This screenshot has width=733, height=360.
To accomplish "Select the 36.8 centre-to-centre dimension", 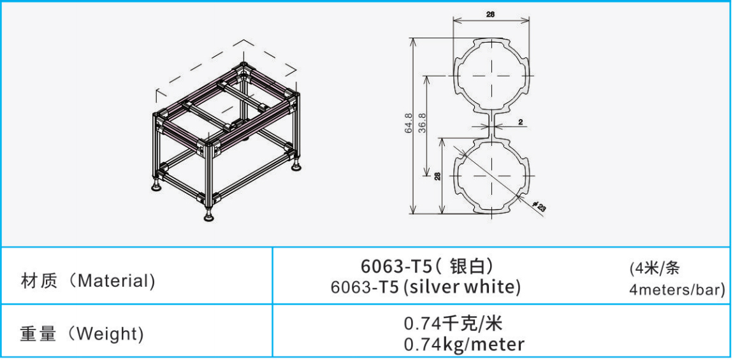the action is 423,123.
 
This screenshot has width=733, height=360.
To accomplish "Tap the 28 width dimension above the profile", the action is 490,14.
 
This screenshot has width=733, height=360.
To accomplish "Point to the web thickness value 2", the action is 520,122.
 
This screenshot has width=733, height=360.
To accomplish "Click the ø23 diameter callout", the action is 539,206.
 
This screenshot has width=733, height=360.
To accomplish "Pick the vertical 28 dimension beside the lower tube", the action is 437,176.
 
